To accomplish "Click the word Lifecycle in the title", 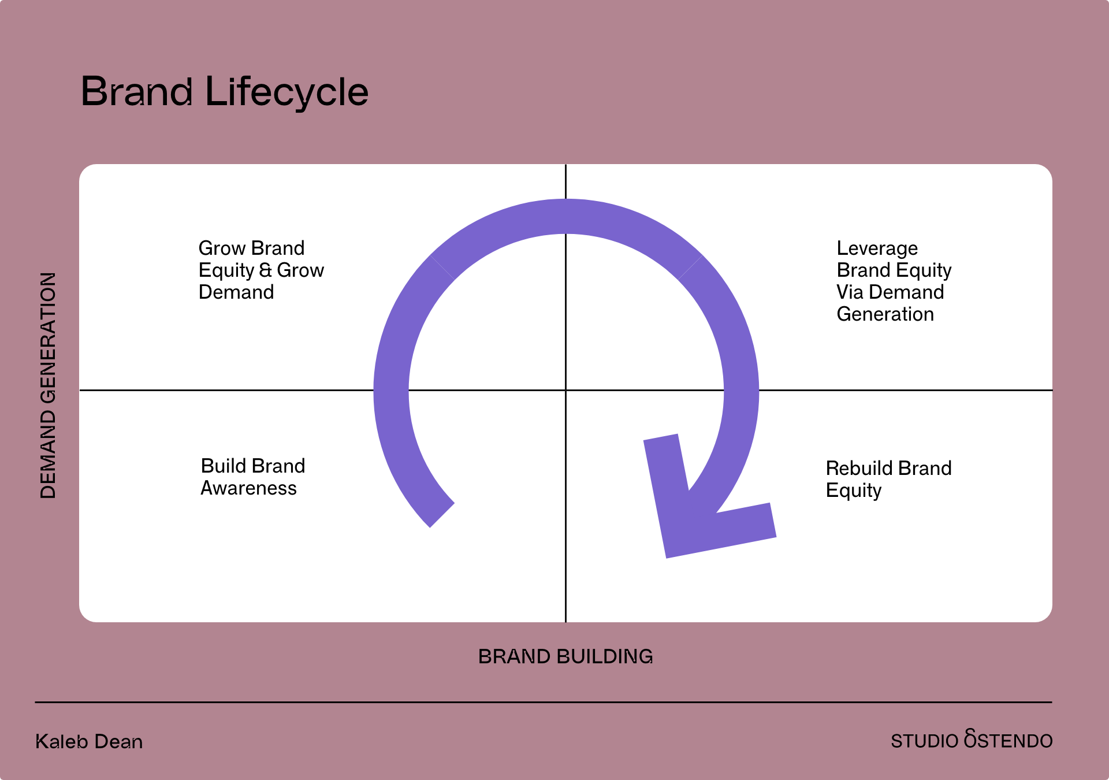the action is [x=286, y=92].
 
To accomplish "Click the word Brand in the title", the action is [x=136, y=92].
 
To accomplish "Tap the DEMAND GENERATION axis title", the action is [x=48, y=385].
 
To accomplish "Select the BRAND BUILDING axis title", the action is [x=565, y=656].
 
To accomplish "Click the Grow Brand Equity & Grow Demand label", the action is [x=261, y=270].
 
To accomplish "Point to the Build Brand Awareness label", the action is [x=252, y=477].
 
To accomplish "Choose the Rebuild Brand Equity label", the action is [x=888, y=479].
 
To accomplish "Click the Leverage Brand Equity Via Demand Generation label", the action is [x=894, y=281].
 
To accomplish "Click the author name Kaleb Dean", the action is [x=89, y=741].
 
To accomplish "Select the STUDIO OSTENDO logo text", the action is [x=972, y=740].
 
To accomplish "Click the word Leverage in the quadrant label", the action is [x=877, y=248].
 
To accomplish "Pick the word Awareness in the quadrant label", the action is [x=248, y=488].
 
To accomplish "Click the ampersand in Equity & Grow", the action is [x=266, y=270].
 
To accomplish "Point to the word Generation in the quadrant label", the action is [x=885, y=314].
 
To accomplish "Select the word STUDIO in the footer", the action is [x=924, y=741].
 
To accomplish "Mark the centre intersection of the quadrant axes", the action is [x=565, y=390].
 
